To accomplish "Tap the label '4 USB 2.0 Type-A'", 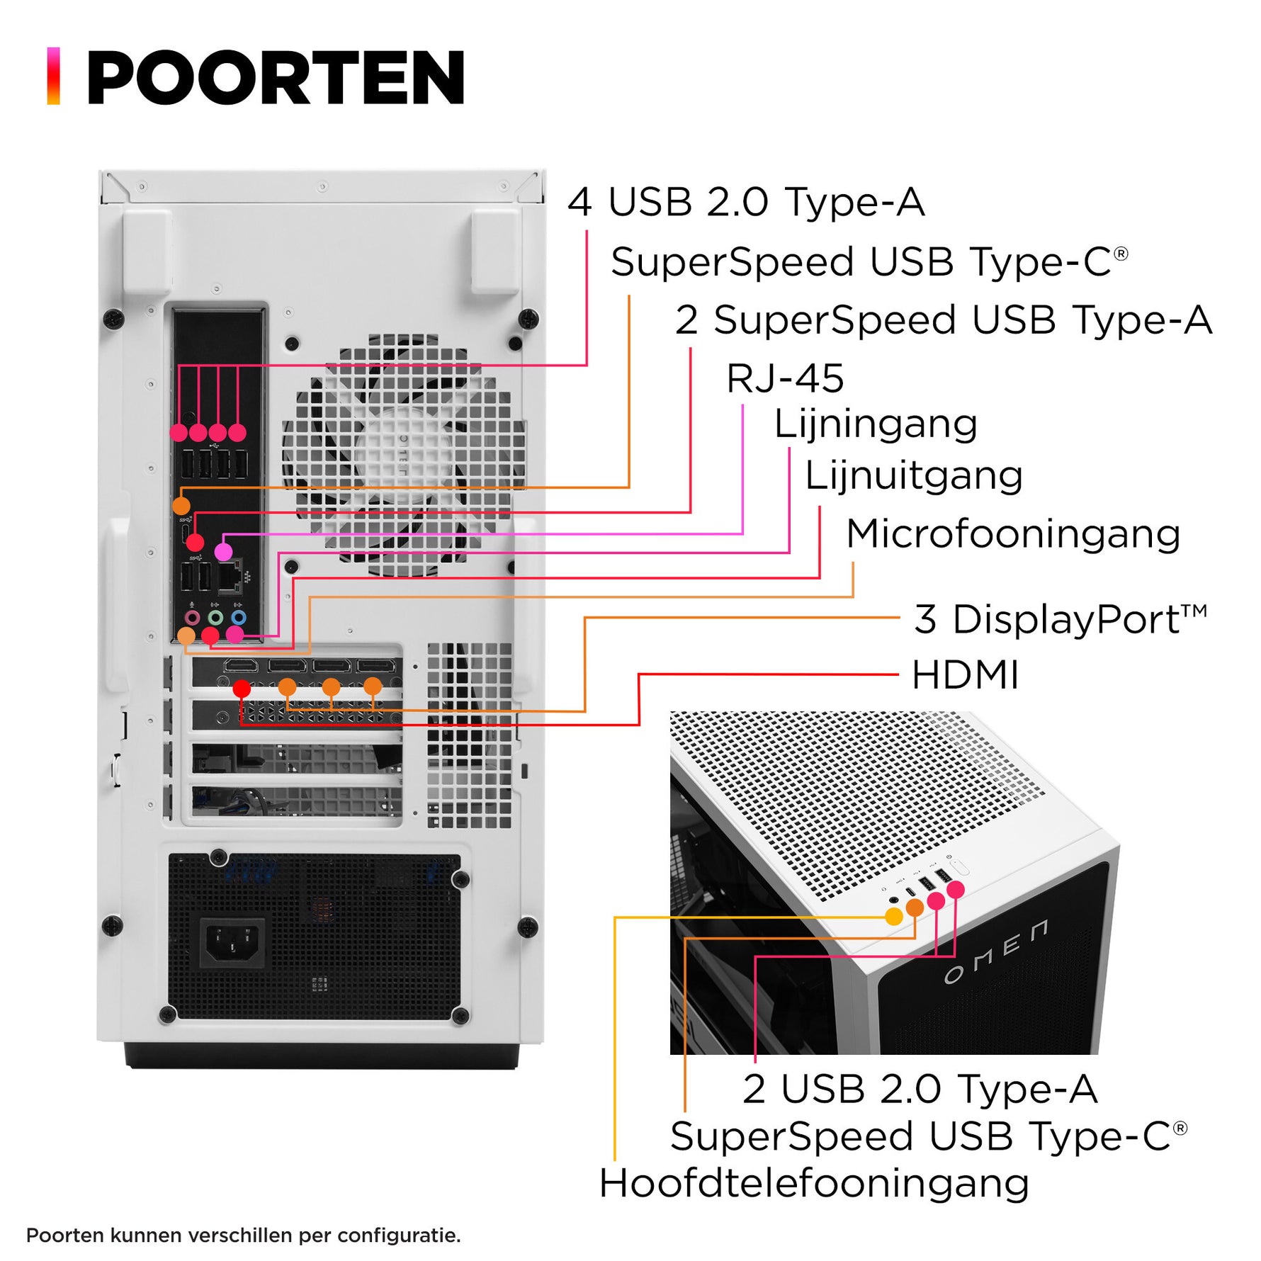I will click(745, 203).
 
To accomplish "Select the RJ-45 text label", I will click(785, 378).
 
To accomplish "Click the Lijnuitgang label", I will click(913, 475).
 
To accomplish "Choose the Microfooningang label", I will click(1012, 533).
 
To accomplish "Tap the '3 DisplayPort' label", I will click(1059, 619).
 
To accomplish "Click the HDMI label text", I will click(965, 674).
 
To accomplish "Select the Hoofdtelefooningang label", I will click(813, 1184).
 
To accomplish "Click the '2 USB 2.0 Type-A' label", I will click(920, 1089).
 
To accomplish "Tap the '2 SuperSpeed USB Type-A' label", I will click(943, 320).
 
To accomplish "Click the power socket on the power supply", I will click(232, 943).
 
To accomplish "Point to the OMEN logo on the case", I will click(995, 954).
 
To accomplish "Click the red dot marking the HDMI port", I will click(242, 688).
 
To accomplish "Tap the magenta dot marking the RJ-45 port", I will click(223, 551).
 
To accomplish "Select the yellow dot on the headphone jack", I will click(894, 917).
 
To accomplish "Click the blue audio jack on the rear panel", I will click(239, 617).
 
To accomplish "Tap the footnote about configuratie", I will click(243, 1235).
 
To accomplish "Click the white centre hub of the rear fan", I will click(402, 453).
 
